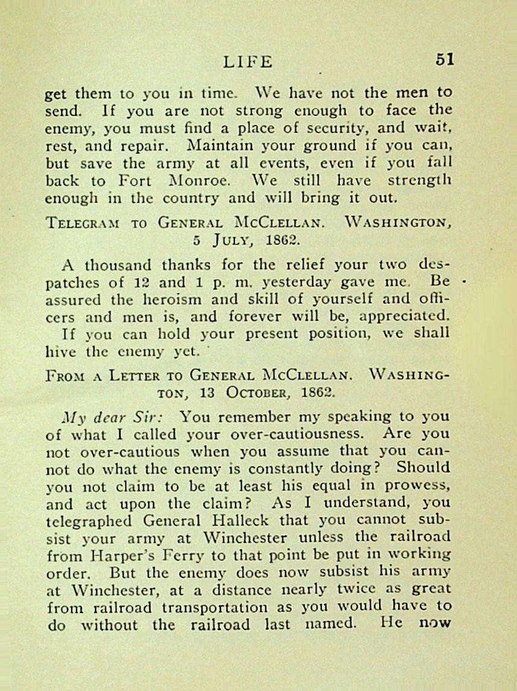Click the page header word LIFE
tap(248, 62)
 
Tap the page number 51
tap(445, 59)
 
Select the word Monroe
tap(199, 181)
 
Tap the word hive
tap(58, 351)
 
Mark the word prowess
tap(422, 485)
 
